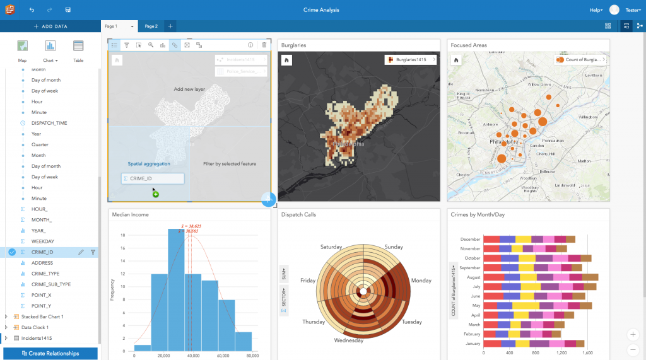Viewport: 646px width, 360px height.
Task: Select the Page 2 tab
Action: (151, 26)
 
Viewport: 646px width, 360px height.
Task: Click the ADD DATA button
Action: (50, 26)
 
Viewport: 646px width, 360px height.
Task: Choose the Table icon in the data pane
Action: (78, 50)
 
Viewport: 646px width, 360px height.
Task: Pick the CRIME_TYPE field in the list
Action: (45, 274)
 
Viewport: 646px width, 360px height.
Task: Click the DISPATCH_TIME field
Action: (49, 123)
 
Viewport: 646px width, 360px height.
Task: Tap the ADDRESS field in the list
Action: (42, 263)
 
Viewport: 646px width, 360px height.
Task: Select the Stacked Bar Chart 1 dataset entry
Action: (42, 316)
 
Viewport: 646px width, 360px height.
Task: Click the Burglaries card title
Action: (295, 45)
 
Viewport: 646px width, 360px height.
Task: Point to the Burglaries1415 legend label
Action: (411, 60)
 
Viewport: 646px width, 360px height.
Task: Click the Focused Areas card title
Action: (469, 45)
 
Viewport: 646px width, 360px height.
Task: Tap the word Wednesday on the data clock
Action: (349, 341)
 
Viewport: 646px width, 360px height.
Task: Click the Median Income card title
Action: (130, 214)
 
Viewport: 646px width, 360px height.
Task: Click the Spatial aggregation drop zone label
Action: (149, 164)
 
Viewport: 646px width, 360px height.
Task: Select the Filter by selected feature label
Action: (230, 164)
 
